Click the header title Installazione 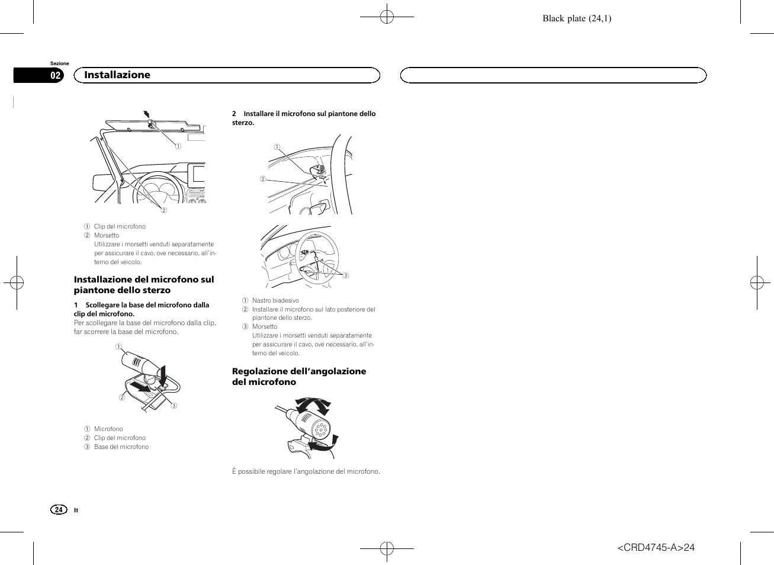click(x=117, y=75)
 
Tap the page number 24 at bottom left click(x=59, y=510)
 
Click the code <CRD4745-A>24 click(x=656, y=547)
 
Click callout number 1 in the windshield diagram click(x=178, y=146)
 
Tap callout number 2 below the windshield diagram click(x=165, y=210)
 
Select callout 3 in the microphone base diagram click(x=174, y=406)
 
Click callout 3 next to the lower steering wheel click(x=346, y=275)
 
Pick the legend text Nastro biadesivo click(x=275, y=300)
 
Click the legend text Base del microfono click(x=121, y=447)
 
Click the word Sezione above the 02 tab click(x=59, y=63)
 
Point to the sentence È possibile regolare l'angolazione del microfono click(x=306, y=471)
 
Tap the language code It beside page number click(x=76, y=511)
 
